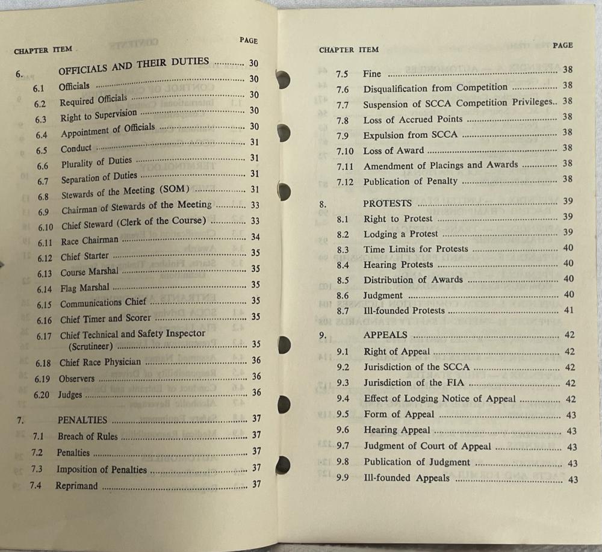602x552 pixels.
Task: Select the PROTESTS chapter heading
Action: [x=388, y=203]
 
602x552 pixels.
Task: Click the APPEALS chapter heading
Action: [x=385, y=335]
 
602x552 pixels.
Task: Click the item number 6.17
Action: [x=44, y=336]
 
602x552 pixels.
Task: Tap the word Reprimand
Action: [x=76, y=485]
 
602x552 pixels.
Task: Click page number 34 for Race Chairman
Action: [x=255, y=237]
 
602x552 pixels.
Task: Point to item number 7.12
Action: [x=346, y=181]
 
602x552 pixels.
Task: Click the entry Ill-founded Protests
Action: [x=404, y=311]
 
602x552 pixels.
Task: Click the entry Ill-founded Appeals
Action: [x=406, y=478]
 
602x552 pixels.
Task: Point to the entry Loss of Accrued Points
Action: [x=413, y=119]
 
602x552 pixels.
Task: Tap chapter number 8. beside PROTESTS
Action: [x=323, y=204]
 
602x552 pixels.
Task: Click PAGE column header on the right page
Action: [x=562, y=45]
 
